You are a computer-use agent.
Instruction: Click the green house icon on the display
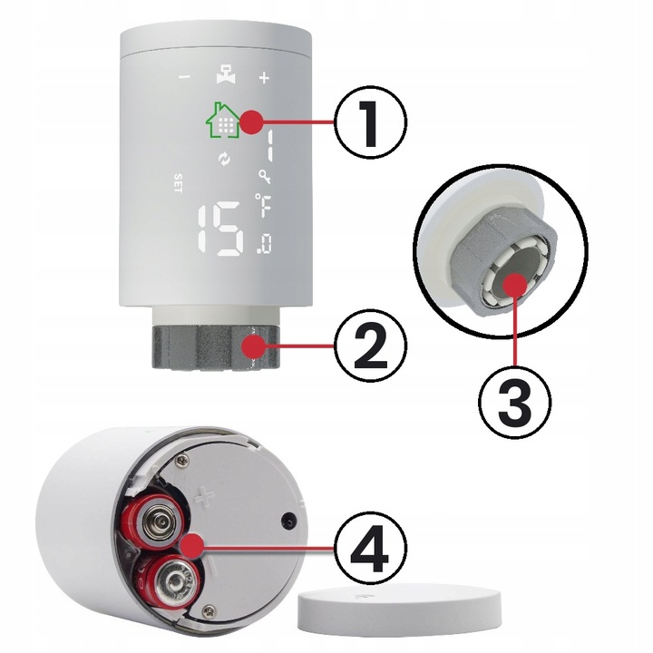[x=222, y=120]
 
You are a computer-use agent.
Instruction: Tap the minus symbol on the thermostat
[x=184, y=78]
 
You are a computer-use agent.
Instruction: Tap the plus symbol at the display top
[x=264, y=78]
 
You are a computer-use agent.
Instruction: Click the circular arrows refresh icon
[x=223, y=161]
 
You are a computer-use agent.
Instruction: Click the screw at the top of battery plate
[x=184, y=463]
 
